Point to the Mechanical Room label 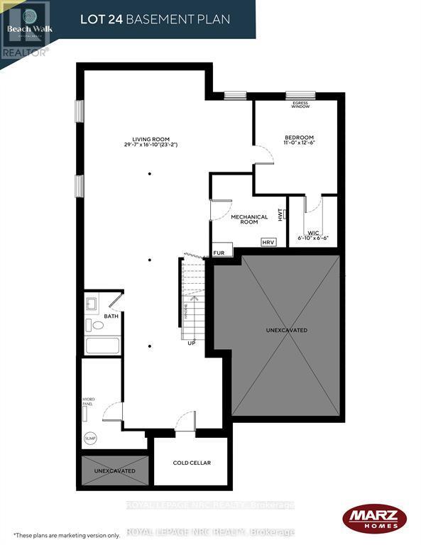tap(249, 219)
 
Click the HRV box tap(268, 241)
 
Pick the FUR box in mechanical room tap(219, 253)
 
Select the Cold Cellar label tap(192, 463)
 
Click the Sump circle tap(90, 438)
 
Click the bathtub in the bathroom tap(103, 346)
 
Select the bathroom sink tap(91, 304)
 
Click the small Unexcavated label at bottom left tap(114, 470)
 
